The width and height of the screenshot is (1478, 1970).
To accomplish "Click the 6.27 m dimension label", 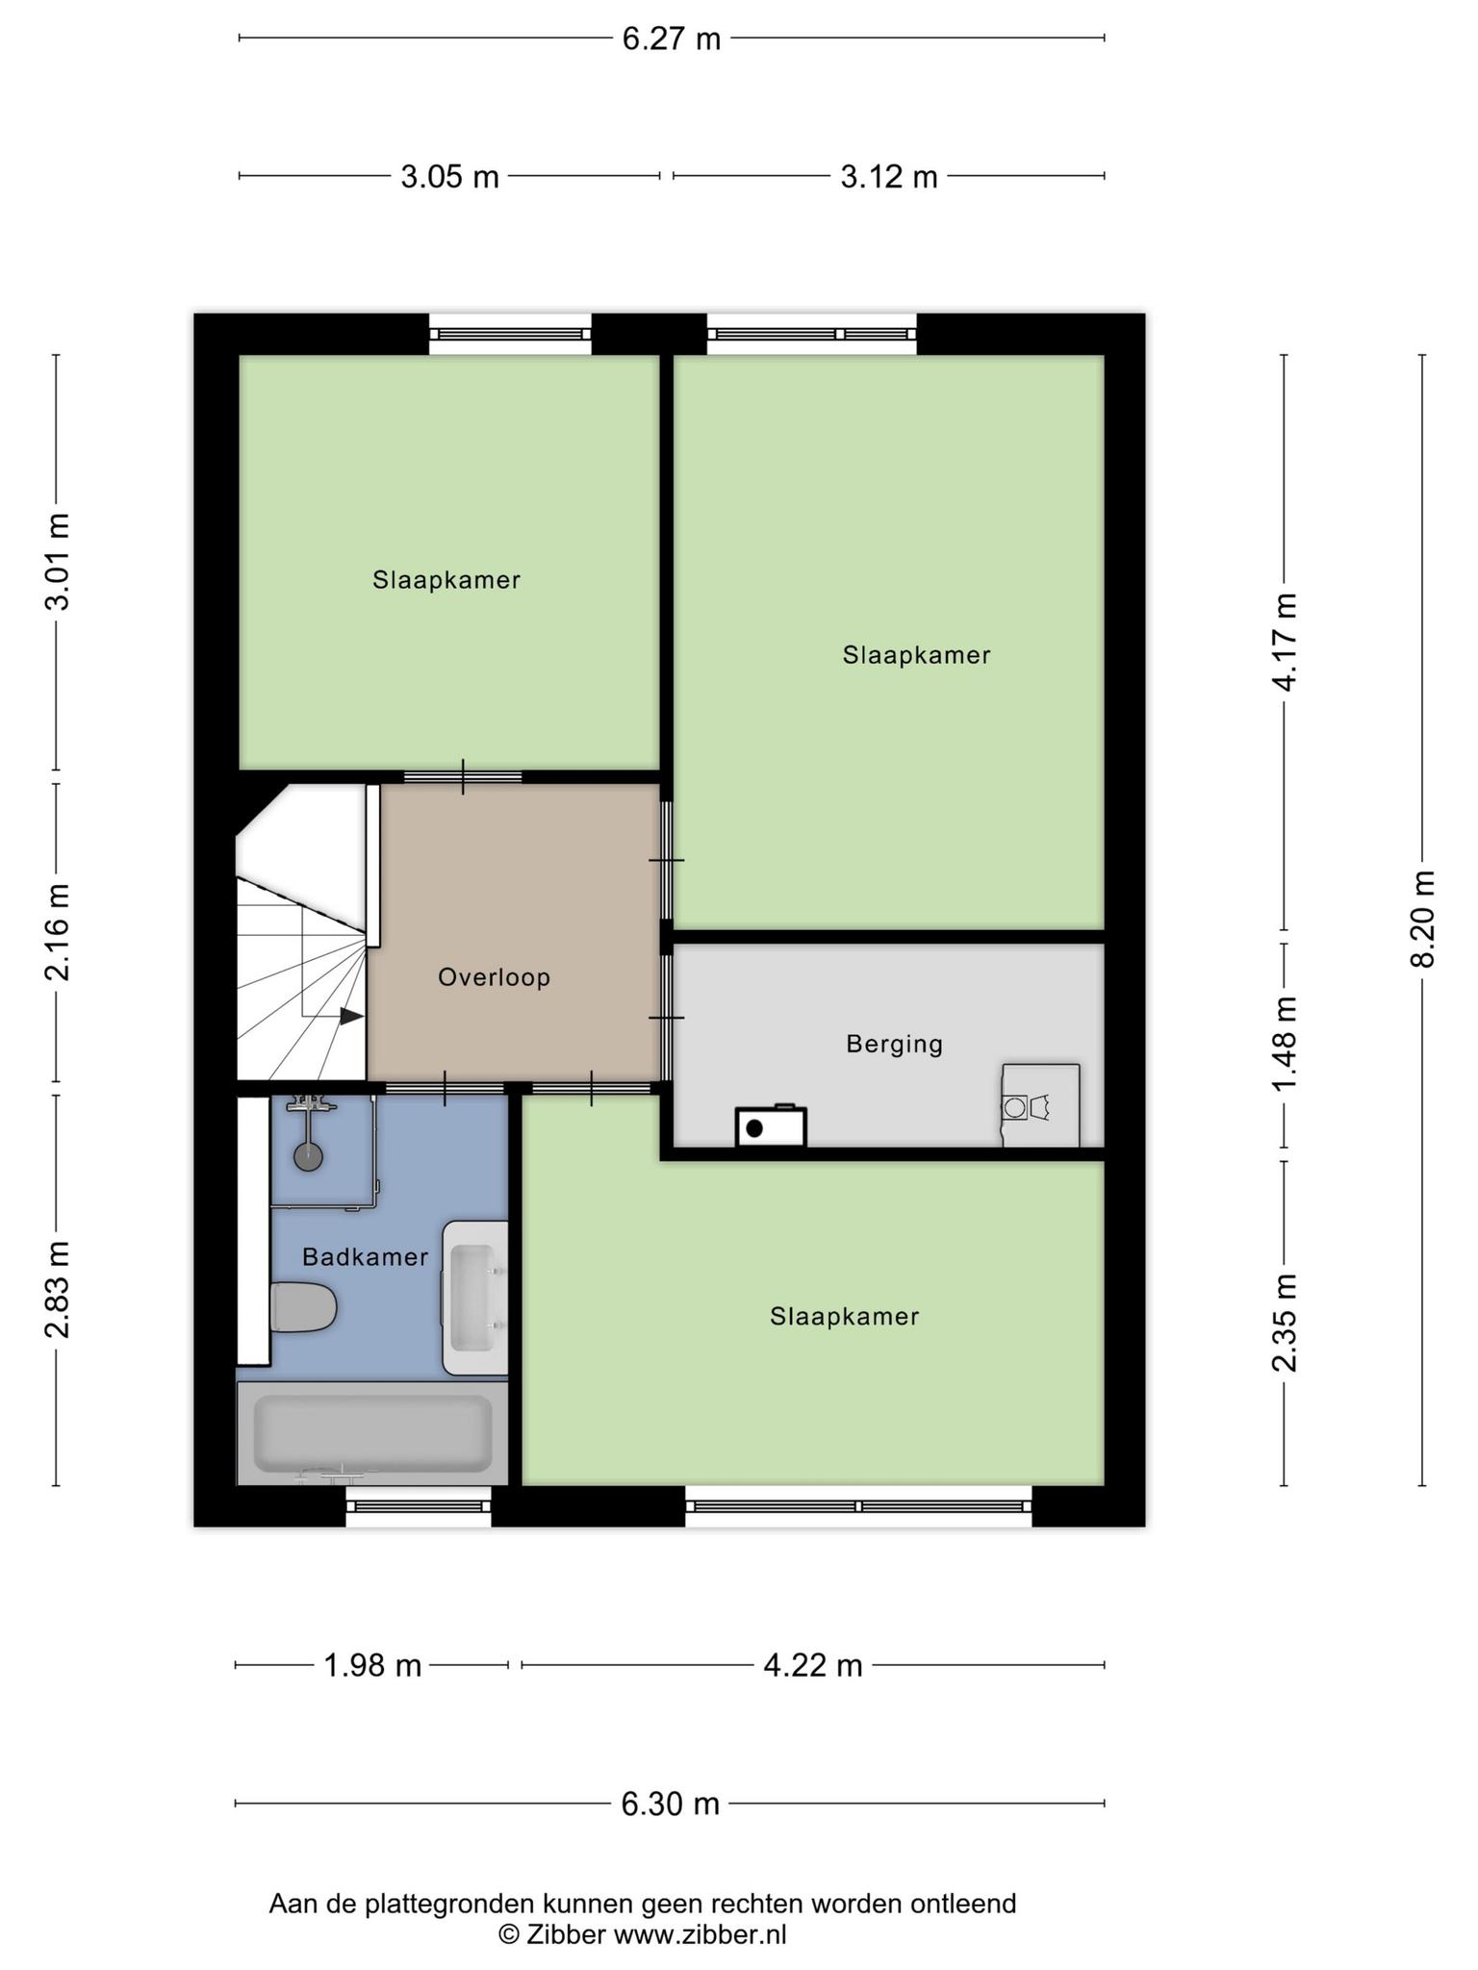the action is click(x=671, y=38).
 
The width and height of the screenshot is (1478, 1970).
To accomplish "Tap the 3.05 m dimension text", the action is click(x=449, y=177).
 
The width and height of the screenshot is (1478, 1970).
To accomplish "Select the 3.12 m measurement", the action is click(x=888, y=177).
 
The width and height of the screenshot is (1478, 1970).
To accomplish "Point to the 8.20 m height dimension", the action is click(x=1422, y=919).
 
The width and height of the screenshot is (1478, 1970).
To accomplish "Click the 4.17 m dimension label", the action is click(x=1285, y=641).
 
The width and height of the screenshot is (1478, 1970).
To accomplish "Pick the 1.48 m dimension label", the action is click(x=1285, y=1044).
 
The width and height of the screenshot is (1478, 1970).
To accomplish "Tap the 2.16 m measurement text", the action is click(x=57, y=931).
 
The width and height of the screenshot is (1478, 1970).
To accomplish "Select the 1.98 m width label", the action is click(x=372, y=1665).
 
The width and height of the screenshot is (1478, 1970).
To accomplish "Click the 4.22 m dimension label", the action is click(x=812, y=1665).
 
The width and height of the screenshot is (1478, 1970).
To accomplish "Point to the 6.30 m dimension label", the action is click(x=670, y=1804).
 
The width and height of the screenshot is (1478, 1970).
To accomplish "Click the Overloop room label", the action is click(x=494, y=977).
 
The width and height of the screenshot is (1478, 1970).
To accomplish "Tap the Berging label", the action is click(x=894, y=1044).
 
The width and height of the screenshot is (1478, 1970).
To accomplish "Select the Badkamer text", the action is click(x=365, y=1256).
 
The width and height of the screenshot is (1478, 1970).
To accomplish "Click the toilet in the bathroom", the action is click(x=303, y=1307).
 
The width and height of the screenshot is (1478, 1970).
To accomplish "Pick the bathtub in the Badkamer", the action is click(x=372, y=1433).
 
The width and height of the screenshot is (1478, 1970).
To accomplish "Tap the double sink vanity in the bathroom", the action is click(x=475, y=1298).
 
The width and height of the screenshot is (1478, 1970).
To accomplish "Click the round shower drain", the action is click(x=308, y=1156).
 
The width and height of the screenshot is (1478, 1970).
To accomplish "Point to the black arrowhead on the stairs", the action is click(x=352, y=1016).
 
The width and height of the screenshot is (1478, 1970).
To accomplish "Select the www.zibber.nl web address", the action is click(x=700, y=1934).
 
